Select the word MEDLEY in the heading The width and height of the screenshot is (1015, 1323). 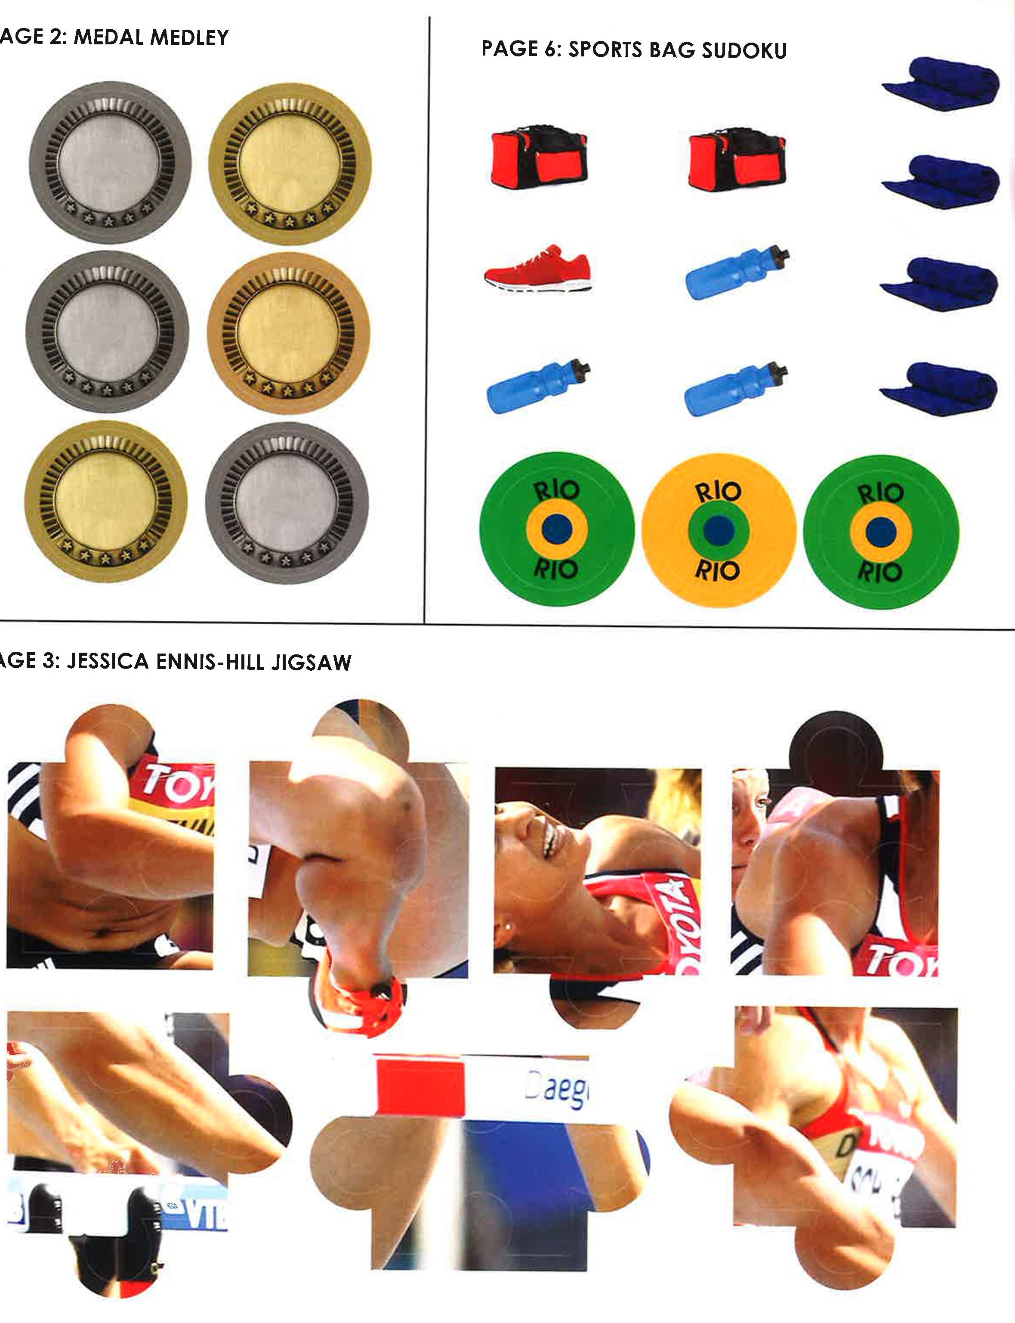pos(189,38)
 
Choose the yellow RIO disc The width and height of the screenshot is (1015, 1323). pos(719,530)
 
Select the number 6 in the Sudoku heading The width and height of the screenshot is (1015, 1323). pos(550,50)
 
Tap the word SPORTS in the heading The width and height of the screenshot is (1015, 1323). pos(605,50)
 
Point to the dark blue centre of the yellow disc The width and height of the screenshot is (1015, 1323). pos(719,530)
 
